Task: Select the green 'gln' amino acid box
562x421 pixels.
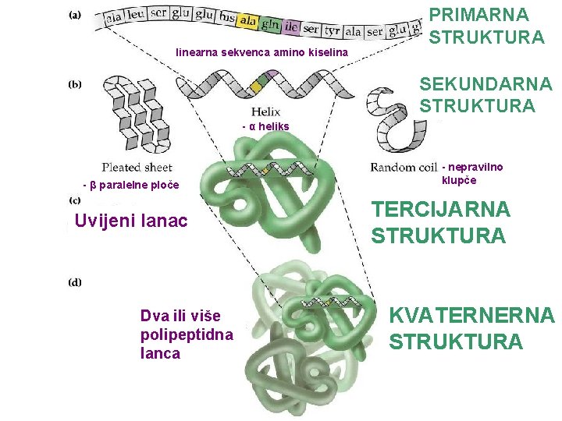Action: [271, 24]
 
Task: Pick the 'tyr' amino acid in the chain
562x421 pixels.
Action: [332, 30]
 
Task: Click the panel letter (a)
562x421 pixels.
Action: [78, 13]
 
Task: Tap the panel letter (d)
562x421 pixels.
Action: [75, 282]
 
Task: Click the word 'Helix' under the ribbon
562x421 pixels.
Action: [265, 112]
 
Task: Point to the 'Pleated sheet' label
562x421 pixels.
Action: [137, 167]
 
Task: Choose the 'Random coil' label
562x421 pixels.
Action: [404, 167]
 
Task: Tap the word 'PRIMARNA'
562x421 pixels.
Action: [478, 15]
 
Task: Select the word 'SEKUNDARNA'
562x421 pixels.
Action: [485, 83]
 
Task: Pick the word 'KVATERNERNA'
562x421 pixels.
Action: [471, 316]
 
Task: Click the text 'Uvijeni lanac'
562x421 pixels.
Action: [131, 221]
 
